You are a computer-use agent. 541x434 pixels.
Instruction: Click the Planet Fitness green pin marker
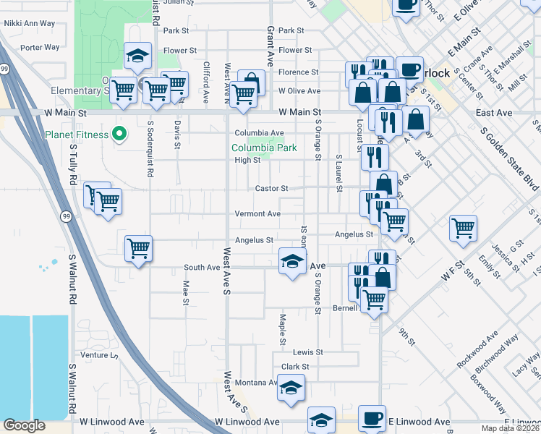(121, 135)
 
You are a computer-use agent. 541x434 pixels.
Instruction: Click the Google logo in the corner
(24, 425)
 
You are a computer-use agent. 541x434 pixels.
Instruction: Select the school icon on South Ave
(291, 262)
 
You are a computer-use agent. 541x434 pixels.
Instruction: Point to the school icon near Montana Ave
(291, 388)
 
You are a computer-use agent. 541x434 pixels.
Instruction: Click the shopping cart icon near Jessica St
(463, 229)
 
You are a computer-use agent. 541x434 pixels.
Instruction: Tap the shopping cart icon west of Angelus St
(137, 249)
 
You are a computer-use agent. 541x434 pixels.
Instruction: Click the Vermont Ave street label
(257, 214)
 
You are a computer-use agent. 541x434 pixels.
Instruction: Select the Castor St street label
(271, 189)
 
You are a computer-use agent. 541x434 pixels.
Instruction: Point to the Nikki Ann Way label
(30, 24)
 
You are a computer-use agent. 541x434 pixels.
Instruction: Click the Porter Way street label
(40, 48)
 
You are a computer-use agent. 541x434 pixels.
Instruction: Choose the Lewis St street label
(307, 352)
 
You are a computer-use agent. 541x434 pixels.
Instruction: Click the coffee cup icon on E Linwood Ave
(372, 420)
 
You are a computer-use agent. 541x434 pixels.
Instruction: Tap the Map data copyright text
(511, 428)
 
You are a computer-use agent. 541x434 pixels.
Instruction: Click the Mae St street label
(185, 292)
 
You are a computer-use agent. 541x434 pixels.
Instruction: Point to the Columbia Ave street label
(258, 133)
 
